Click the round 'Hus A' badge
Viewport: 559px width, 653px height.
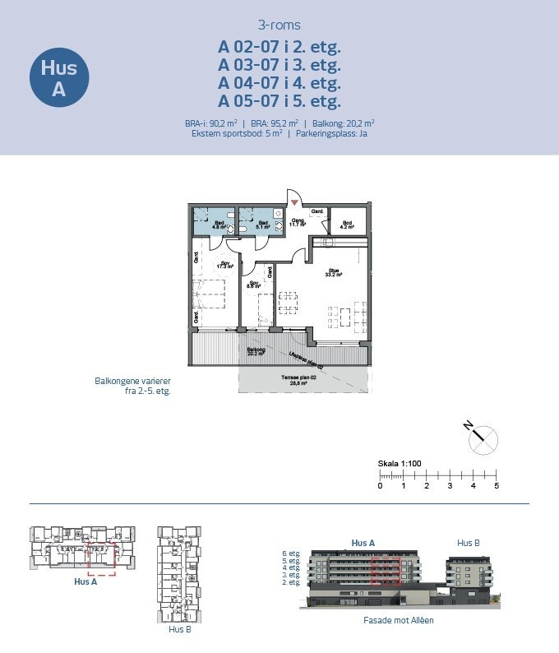click(x=58, y=78)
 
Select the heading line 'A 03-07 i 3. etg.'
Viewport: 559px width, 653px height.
click(x=279, y=64)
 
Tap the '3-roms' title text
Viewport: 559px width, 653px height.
click(x=279, y=25)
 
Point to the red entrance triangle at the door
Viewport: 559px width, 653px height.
click(x=293, y=202)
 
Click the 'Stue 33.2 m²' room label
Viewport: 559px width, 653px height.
click(x=333, y=271)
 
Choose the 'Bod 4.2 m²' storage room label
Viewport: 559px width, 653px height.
click(x=348, y=224)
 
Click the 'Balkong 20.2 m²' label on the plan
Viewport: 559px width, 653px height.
click(x=256, y=351)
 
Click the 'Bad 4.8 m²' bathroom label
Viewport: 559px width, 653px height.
click(x=219, y=224)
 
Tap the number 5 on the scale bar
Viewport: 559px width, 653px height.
click(x=497, y=486)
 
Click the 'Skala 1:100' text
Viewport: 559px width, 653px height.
click(x=400, y=464)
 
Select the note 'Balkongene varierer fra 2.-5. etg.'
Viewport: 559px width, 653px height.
click(x=132, y=387)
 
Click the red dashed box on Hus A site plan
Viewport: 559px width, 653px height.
click(x=102, y=558)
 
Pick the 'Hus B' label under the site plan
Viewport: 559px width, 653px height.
click(x=179, y=629)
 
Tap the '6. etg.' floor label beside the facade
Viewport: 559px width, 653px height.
click(x=290, y=554)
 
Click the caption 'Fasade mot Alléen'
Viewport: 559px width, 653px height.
click(x=398, y=620)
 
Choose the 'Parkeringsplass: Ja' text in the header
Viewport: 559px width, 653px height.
click(x=330, y=132)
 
